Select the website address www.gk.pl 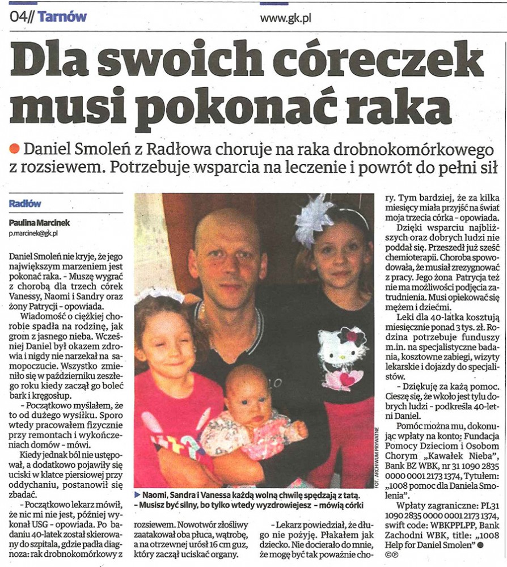[x=285, y=18]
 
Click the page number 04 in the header [x=19, y=17]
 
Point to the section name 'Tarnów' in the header [x=63, y=17]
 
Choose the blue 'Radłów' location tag [x=25, y=204]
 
